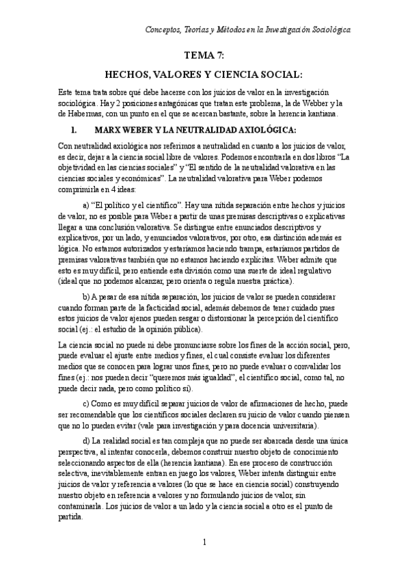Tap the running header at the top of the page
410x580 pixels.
249,30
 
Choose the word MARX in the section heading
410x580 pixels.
108,129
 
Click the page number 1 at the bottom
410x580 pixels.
204,542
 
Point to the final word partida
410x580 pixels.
70,518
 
